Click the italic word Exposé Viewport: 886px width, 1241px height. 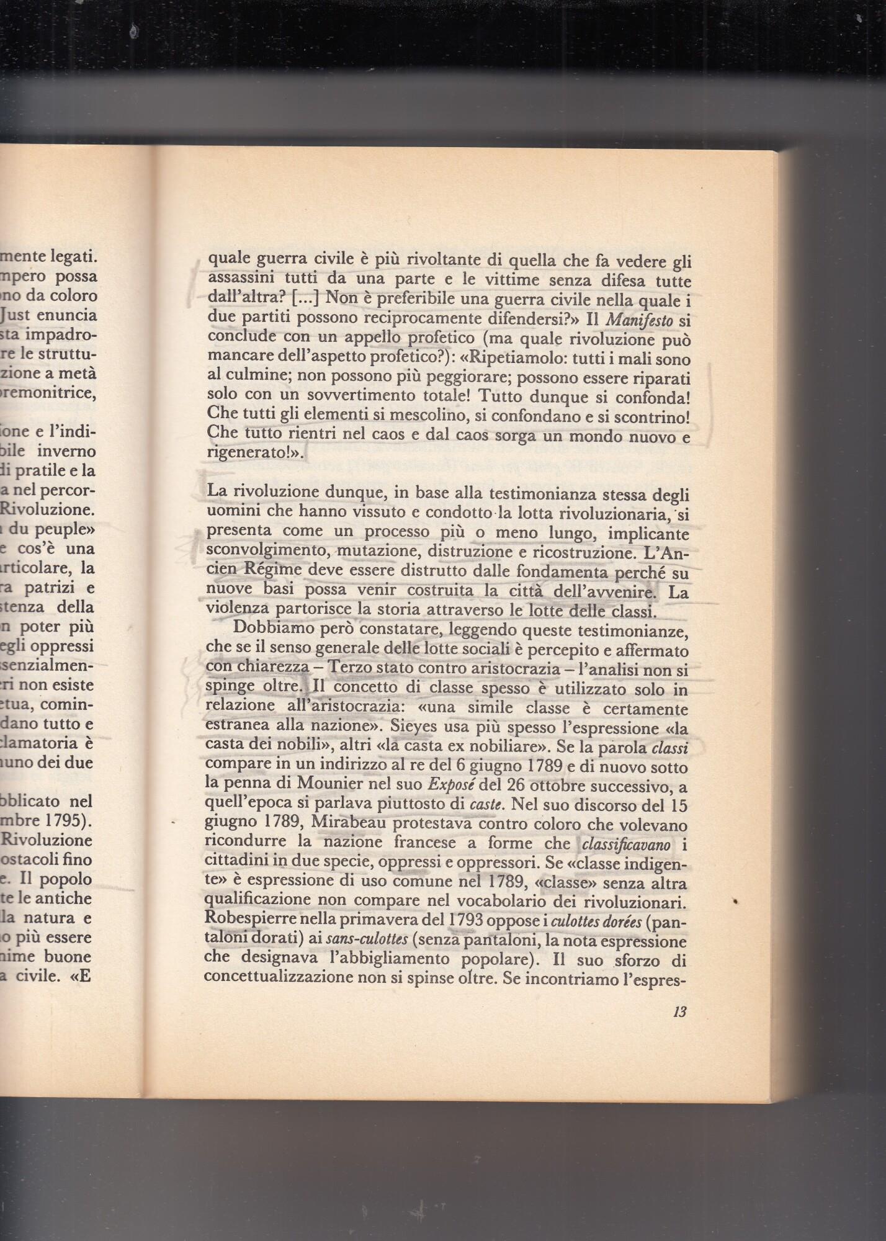click(450, 786)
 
